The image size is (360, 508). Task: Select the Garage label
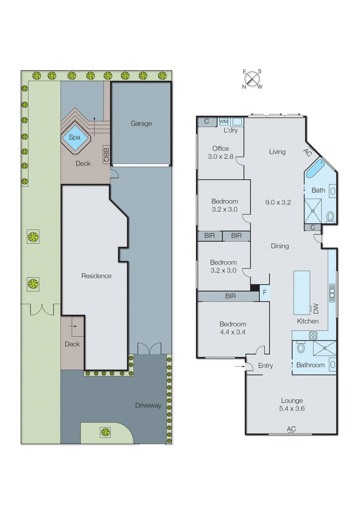point(141,124)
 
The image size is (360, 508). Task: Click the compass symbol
point(252,79)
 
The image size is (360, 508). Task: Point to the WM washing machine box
point(224,122)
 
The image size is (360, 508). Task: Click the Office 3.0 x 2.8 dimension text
point(221,157)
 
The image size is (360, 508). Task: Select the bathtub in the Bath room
point(315,169)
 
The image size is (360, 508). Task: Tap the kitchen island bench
point(302,292)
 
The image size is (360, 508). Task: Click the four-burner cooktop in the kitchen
point(313,335)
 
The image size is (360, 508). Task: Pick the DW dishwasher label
point(316,308)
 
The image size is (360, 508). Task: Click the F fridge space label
point(265,292)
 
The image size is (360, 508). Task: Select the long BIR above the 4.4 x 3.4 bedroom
point(230,296)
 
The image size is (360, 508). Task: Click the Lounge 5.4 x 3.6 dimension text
point(292,409)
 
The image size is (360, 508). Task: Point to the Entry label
point(265,366)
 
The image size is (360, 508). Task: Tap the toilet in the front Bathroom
point(301,347)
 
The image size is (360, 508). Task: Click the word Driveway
point(148,405)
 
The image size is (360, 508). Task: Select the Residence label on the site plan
point(96,276)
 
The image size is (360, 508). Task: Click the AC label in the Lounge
point(291,429)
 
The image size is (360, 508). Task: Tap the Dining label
point(280,246)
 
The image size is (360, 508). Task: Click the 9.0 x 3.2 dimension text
point(278,202)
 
